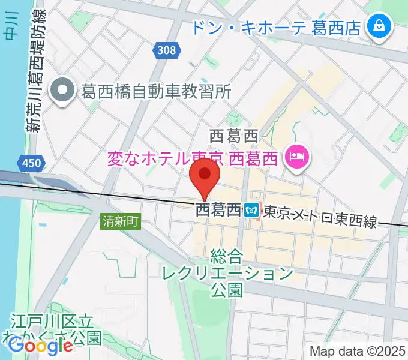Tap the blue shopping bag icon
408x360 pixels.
click(379, 27)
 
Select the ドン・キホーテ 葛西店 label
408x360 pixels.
click(276, 27)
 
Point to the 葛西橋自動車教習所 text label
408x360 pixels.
click(155, 91)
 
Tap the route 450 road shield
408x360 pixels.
click(27, 163)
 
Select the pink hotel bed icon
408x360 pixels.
click(296, 158)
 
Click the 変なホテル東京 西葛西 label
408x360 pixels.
click(193, 159)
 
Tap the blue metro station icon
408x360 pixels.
click(251, 210)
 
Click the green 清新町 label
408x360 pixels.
click(121, 221)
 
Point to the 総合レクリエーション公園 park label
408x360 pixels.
click(227, 274)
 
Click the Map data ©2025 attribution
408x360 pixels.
click(358, 351)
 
